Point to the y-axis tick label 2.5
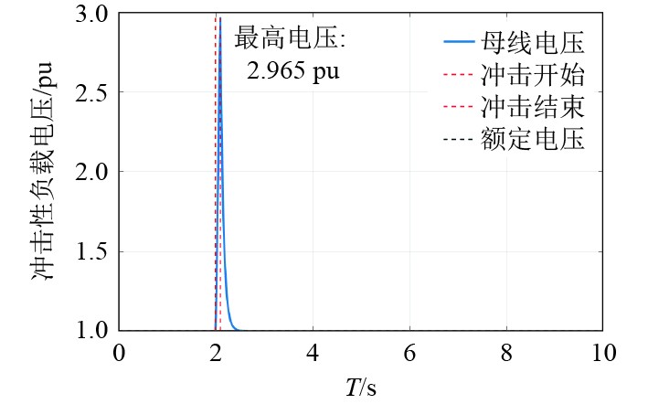click(x=90, y=92)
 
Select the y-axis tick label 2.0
click(x=90, y=172)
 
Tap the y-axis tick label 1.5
click(x=90, y=251)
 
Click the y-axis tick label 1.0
click(x=90, y=331)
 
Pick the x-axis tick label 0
click(x=119, y=353)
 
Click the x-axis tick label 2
click(x=216, y=353)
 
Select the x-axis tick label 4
click(x=313, y=353)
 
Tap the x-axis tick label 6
click(x=410, y=353)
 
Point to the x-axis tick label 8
click(x=506, y=353)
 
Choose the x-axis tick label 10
click(x=604, y=353)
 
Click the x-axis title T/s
click(x=361, y=388)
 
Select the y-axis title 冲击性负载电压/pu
click(x=42, y=171)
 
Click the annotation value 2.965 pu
click(x=293, y=71)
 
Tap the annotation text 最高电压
click(x=285, y=38)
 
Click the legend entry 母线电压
click(x=532, y=43)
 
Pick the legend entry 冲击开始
click(x=532, y=75)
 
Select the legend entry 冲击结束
click(x=532, y=107)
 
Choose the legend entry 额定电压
click(x=532, y=138)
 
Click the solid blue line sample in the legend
click(x=459, y=42)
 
